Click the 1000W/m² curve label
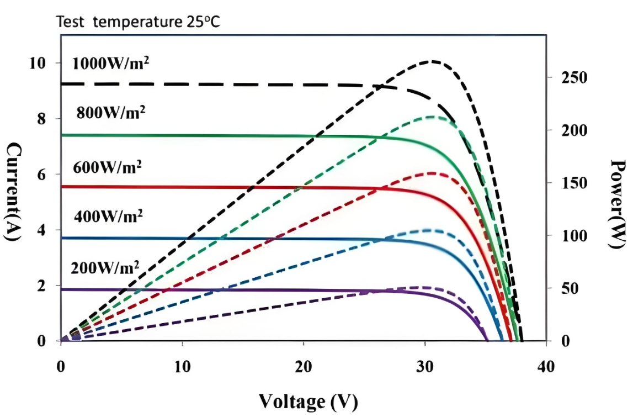click(111, 62)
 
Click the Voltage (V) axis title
click(308, 400)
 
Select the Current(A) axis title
click(13, 192)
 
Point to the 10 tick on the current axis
click(38, 63)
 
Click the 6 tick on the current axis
click(42, 175)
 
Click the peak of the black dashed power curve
click(433, 61)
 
